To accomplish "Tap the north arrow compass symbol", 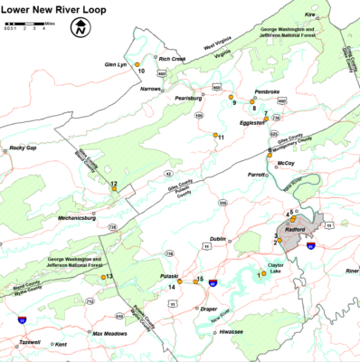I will pos(80,28).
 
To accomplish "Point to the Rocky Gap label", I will pos(23,148).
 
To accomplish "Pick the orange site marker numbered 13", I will pos(102,277).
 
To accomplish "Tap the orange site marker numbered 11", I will pos(213,137).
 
